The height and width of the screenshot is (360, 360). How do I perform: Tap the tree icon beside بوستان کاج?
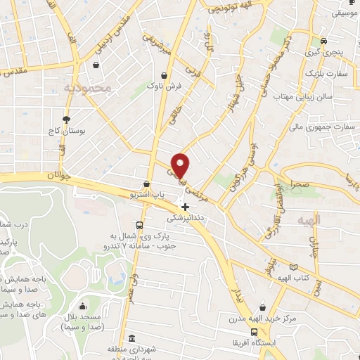[67, 120]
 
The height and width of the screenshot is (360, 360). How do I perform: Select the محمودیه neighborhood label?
[87, 88]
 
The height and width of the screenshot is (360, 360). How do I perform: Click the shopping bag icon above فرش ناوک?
[164, 75]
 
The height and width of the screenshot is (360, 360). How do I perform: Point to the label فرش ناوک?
[164, 86]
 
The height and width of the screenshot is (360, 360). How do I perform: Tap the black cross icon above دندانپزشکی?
[185, 207]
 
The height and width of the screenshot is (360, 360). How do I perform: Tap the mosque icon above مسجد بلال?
[83, 306]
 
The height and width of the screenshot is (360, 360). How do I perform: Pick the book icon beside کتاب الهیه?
[293, 268]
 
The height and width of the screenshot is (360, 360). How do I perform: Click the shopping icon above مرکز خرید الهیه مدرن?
[262, 307]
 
